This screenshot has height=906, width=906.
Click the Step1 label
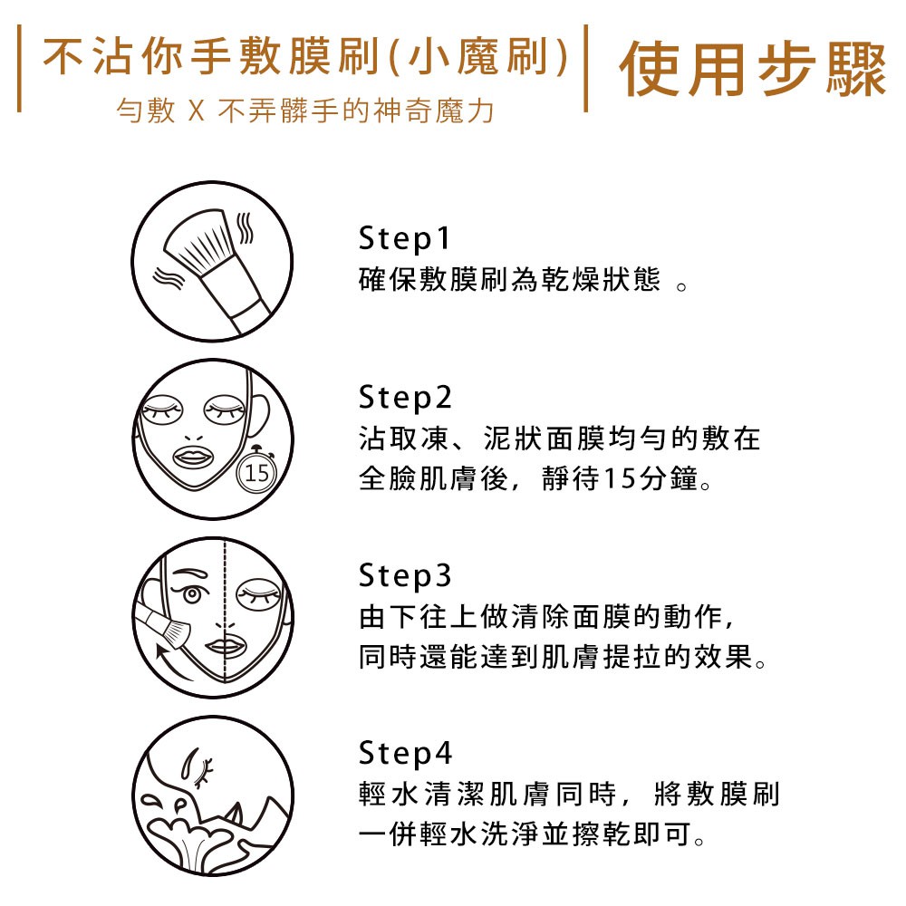[404, 238]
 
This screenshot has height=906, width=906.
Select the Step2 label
[404, 398]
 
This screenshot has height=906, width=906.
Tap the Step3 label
[404, 575]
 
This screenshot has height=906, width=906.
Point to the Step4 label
[404, 754]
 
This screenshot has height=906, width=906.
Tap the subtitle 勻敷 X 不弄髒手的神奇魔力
[305, 111]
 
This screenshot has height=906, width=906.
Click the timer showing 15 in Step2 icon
[257, 471]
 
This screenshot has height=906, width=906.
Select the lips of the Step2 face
[194, 457]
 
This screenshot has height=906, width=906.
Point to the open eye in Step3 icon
[192, 593]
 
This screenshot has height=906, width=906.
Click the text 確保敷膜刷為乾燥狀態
[509, 280]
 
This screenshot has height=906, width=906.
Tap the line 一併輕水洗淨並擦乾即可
[525, 834]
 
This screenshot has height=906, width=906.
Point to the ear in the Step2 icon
[258, 414]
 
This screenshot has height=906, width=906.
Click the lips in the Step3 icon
[226, 647]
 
